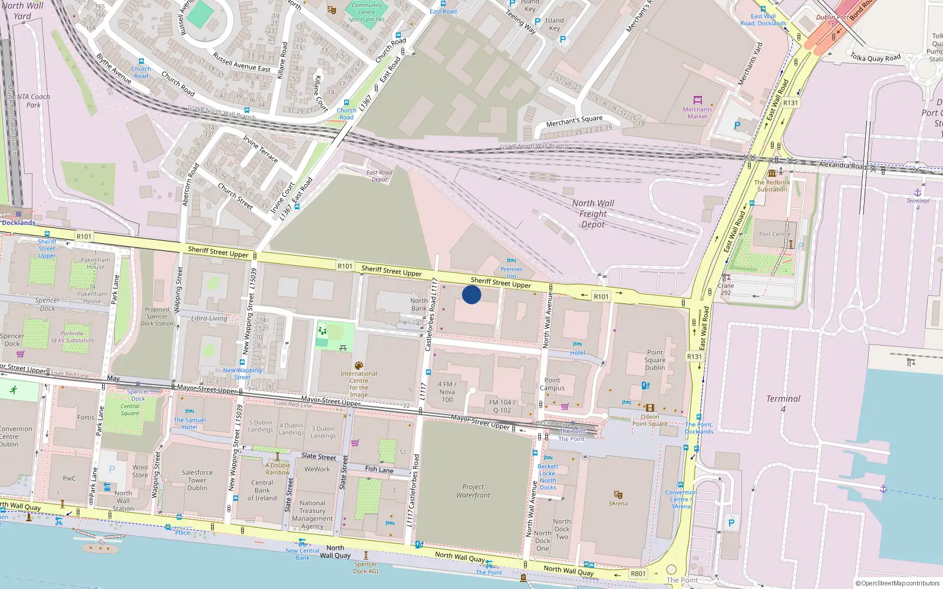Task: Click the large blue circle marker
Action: [471, 294]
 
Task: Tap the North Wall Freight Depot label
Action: [593, 213]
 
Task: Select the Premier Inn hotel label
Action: [511, 273]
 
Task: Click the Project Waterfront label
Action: [473, 491]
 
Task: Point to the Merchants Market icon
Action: [698, 100]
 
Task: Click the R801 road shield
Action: [638, 574]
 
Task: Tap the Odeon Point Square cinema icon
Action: [649, 408]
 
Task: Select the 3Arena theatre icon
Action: [618, 495]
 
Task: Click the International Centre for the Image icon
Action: [358, 366]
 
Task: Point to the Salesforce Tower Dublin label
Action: [197, 480]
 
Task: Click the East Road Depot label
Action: [379, 176]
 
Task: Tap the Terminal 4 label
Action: [783, 403]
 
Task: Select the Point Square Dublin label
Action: [655, 360]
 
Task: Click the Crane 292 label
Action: [726, 289]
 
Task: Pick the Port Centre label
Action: [774, 234]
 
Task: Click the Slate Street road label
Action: [318, 456]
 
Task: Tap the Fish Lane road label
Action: [378, 469]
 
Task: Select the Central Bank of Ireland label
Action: [262, 490]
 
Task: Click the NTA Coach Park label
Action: [33, 101]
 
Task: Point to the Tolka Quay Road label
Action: [875, 58]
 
